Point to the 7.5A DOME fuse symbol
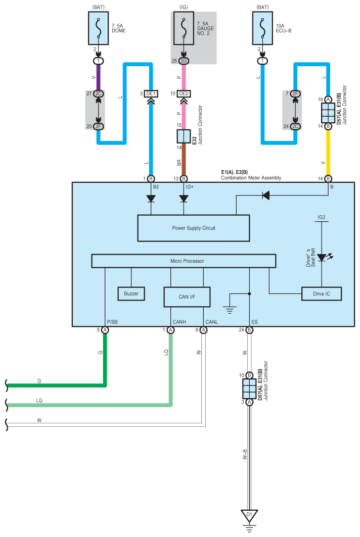(x=99, y=28)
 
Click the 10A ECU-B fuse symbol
(x=262, y=28)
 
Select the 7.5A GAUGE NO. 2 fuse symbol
(x=184, y=28)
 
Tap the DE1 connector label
(x=151, y=93)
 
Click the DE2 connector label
(x=184, y=93)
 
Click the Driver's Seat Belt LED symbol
(x=322, y=258)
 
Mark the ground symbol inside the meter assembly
(x=230, y=310)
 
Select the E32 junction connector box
(x=184, y=136)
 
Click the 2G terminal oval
(x=184, y=61)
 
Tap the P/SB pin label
(x=112, y=322)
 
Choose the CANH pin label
(x=179, y=322)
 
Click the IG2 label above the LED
(x=322, y=217)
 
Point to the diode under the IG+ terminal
(x=184, y=199)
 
